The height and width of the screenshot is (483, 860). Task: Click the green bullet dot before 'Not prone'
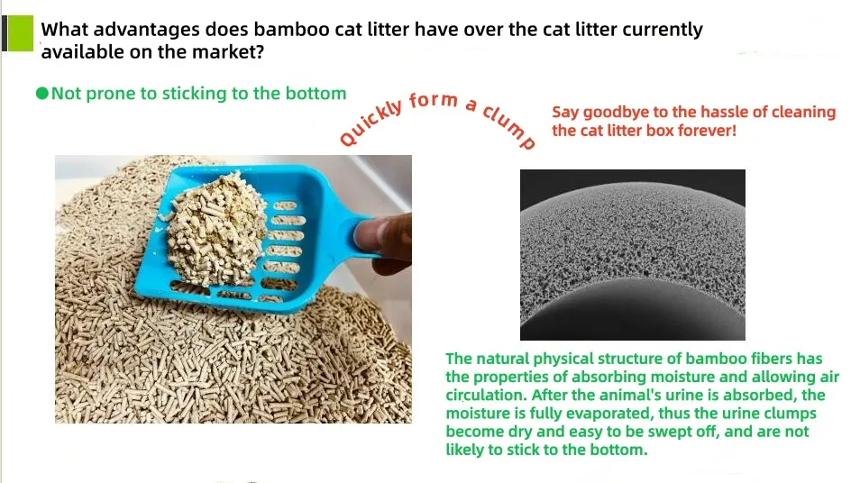[x=41, y=94]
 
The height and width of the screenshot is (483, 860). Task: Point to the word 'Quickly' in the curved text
[x=370, y=122]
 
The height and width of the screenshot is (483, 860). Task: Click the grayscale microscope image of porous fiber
[x=632, y=254]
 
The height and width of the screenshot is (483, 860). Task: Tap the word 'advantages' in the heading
[x=134, y=29]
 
